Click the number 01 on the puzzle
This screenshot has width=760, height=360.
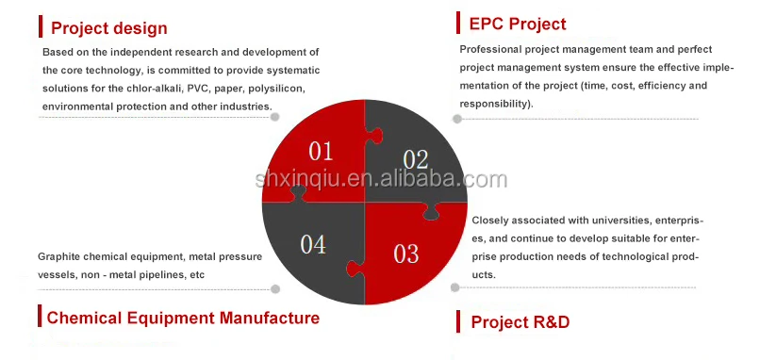321,151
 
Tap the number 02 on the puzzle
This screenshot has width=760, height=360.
416,159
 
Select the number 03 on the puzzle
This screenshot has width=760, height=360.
406,254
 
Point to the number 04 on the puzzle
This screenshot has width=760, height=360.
313,244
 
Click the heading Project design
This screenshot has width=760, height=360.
109,28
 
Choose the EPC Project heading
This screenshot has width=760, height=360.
518,24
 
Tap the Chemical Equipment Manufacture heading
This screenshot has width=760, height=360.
183,318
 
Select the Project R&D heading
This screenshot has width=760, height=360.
520,322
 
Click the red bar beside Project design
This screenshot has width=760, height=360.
41,26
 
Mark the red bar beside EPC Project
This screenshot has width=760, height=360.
458,23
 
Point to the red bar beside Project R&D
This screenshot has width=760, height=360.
458,321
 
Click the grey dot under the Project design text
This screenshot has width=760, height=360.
274,117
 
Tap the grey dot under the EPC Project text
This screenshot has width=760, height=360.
457,119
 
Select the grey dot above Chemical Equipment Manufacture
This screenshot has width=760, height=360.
275,289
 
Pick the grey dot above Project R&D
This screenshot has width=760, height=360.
454,287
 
